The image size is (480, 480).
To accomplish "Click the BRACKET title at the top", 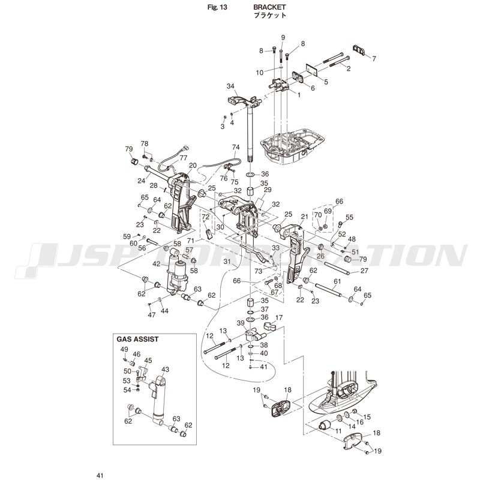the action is pos(269,7).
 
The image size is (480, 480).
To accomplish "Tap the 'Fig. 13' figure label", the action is pos(217,7).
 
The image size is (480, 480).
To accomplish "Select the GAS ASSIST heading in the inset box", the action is pos(138,339).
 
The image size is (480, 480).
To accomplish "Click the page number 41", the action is pos(100,475).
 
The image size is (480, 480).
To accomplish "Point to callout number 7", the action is pos(374,58).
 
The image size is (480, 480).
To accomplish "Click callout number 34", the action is pos(230,86).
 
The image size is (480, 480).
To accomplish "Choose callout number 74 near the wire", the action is pos(236,147).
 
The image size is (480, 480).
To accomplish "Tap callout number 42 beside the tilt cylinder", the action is pos(157,263).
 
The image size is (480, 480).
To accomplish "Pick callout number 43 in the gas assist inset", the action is pos(165,370).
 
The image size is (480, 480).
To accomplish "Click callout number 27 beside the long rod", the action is pos(364,271).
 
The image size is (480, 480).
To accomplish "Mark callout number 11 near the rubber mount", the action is pos(338,431).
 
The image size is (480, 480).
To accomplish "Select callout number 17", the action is pos(278,318).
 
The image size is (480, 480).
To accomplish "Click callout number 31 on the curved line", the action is pos(227,262).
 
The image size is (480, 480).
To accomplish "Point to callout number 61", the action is pos(337,281).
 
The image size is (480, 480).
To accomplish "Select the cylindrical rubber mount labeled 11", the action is pos(325,425).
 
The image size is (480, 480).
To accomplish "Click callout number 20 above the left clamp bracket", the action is pos(193,166).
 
